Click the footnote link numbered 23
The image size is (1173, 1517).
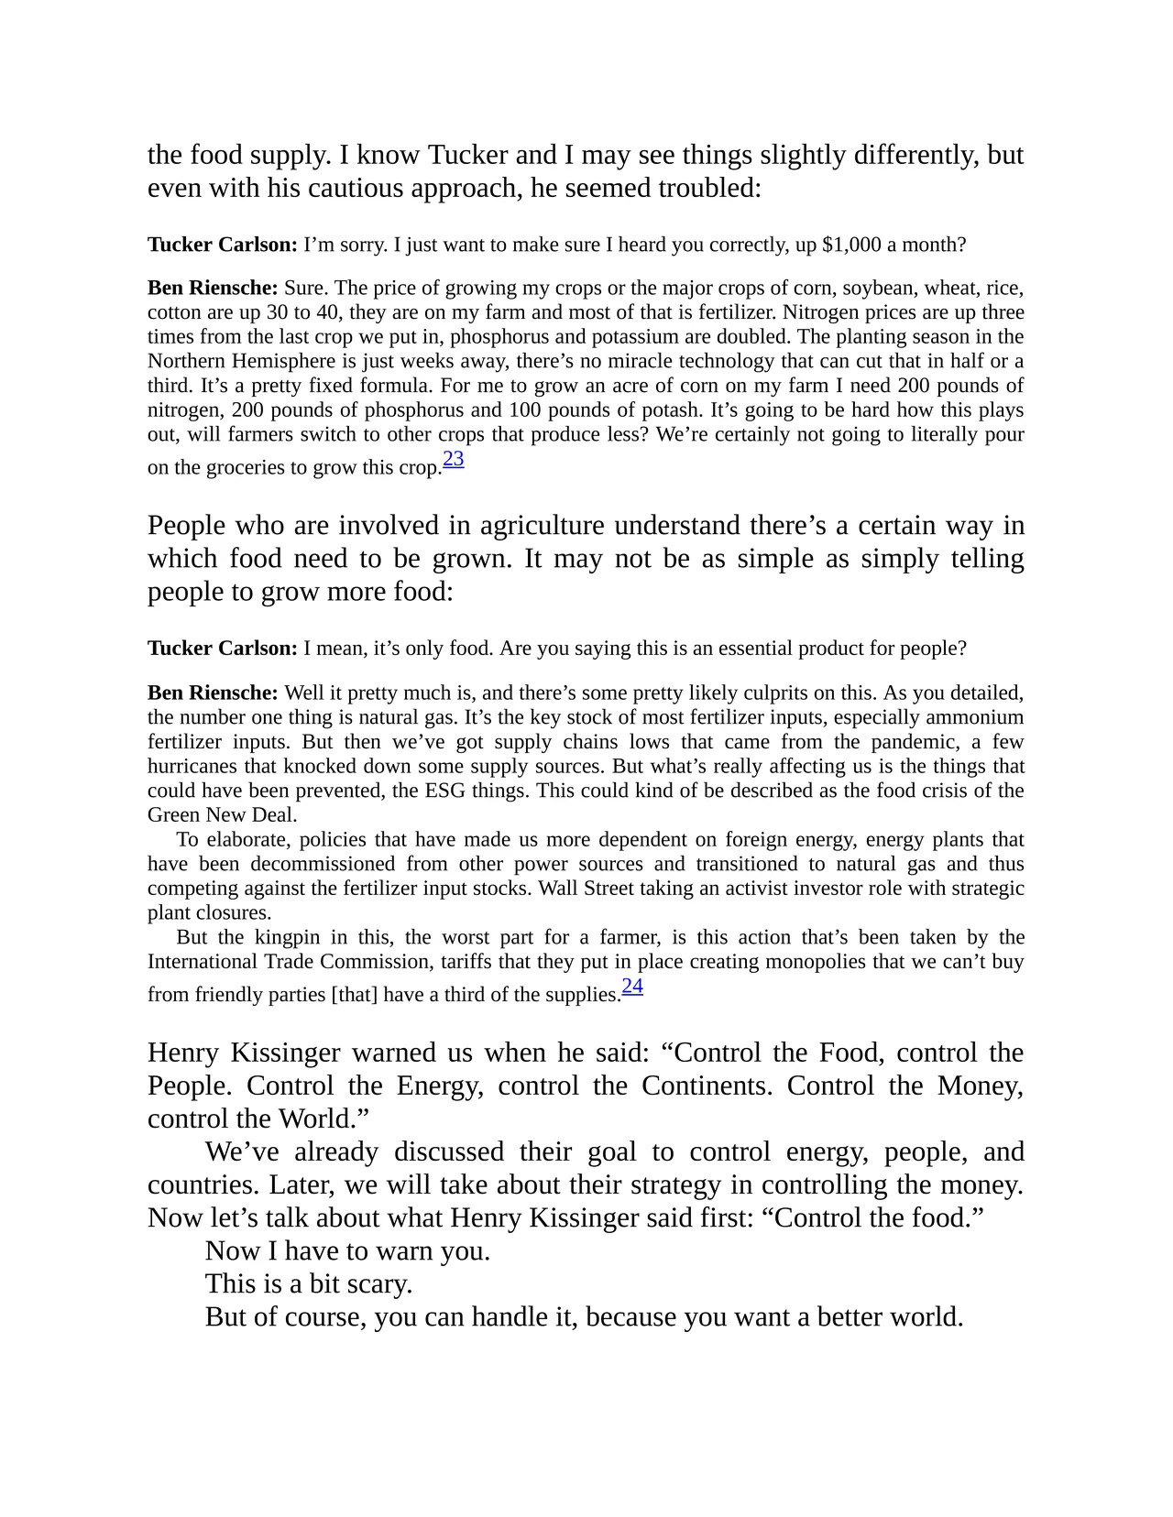pyautogui.click(x=453, y=459)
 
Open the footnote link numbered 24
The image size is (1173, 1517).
pyautogui.click(x=632, y=987)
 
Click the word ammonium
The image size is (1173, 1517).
pyautogui.click(x=974, y=717)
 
